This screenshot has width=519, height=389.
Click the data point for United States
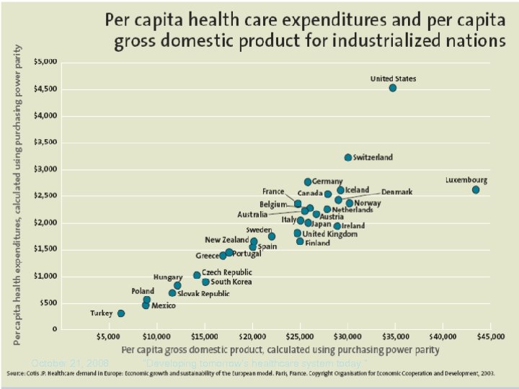(x=393, y=88)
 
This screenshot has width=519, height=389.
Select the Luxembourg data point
(x=476, y=189)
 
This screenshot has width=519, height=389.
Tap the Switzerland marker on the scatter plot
(x=348, y=157)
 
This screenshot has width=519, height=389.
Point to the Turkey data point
(x=121, y=313)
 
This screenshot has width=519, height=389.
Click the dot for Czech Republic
(x=197, y=275)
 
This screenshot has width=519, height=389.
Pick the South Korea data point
(x=205, y=282)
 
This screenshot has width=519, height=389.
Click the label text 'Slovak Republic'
(x=204, y=293)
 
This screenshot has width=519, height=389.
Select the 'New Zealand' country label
(x=226, y=239)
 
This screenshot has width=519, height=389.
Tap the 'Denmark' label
(x=396, y=192)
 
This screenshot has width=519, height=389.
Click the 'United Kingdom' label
(x=329, y=234)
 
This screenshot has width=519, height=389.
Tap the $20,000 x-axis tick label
(x=252, y=336)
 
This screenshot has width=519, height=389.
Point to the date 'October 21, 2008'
(x=70, y=362)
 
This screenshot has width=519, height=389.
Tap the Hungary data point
(x=177, y=285)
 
